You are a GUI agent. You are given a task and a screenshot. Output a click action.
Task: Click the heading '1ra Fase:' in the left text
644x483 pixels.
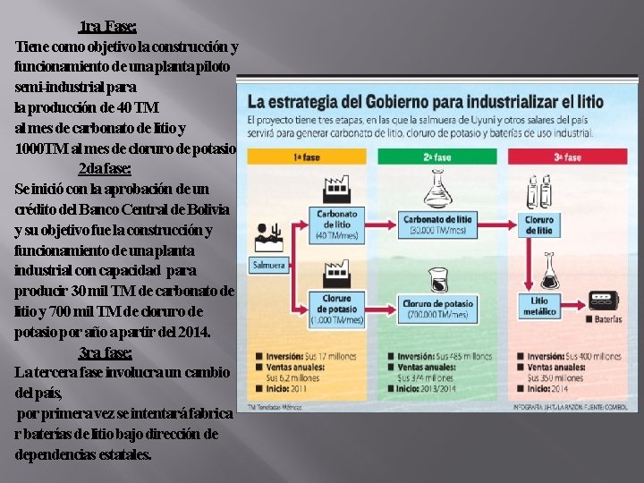coord(107,27)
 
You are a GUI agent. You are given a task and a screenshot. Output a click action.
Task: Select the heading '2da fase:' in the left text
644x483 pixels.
coord(105,169)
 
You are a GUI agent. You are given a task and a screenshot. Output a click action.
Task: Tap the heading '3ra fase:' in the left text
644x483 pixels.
coord(105,352)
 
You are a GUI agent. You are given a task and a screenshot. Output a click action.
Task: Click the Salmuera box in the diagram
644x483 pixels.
coord(269,265)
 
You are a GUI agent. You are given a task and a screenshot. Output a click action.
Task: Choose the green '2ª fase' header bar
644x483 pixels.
coord(437,157)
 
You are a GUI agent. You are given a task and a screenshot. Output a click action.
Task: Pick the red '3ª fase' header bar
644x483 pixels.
coord(567,157)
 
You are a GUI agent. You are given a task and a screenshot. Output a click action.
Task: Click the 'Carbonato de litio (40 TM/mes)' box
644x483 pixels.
coord(337,224)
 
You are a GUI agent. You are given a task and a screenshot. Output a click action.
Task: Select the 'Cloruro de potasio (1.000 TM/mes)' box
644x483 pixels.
coord(336,309)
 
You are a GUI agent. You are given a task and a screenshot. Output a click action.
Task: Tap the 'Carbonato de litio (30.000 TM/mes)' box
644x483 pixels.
coord(437,224)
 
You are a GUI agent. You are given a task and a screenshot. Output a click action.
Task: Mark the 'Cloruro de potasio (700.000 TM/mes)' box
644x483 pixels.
coord(437,309)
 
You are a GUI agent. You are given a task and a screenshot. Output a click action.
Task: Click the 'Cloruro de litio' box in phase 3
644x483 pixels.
coord(539,224)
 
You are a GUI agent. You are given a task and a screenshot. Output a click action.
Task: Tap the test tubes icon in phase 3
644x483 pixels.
coord(539,190)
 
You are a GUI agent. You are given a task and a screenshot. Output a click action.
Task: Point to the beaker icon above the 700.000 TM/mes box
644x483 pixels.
coord(438,280)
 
